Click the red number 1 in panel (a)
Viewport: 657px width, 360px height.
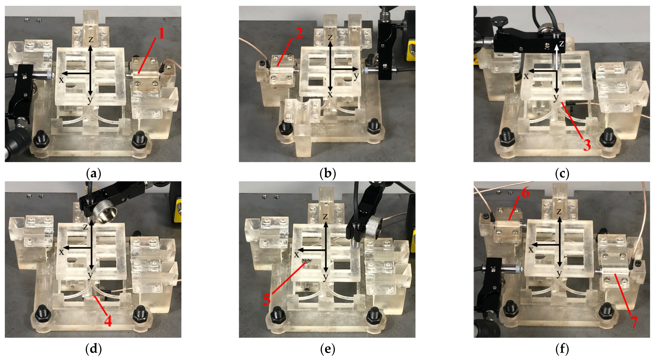(x=161, y=33)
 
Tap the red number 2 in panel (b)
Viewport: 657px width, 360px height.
(x=299, y=33)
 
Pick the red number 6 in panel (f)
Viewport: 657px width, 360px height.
(x=525, y=193)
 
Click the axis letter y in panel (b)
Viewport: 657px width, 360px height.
(x=356, y=76)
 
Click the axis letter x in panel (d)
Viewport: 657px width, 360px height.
(x=61, y=252)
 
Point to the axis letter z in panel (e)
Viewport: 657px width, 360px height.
(x=325, y=217)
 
